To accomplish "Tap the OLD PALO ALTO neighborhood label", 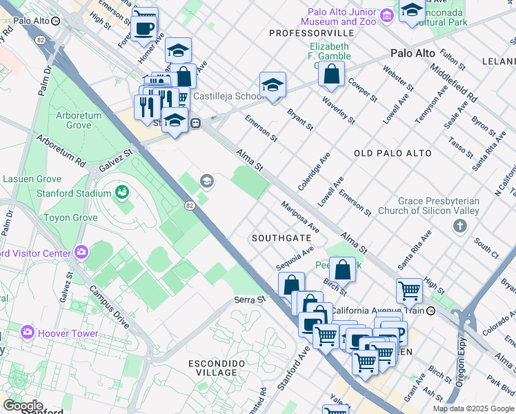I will click(x=393, y=153).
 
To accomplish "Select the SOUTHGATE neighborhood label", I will click(x=281, y=237).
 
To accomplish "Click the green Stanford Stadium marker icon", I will click(x=123, y=191).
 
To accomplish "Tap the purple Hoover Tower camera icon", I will click(x=28, y=333).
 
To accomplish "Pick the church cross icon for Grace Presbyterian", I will click(x=460, y=226).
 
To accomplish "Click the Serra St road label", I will click(x=249, y=299).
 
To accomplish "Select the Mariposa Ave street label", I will click(x=300, y=216).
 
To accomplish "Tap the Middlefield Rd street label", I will click(x=453, y=79).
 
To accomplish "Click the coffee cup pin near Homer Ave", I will click(x=145, y=26).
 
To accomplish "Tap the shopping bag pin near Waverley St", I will click(x=331, y=74).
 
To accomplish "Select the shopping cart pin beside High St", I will click(x=409, y=290).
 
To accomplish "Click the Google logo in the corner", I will click(x=23, y=406).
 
